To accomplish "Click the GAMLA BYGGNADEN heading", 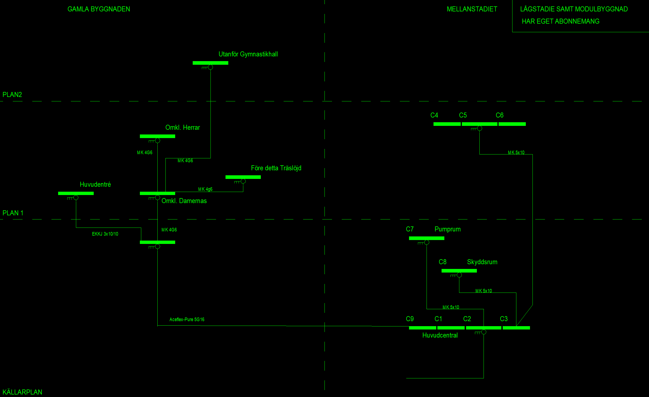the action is [99, 9].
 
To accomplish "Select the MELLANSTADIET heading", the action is [472, 9].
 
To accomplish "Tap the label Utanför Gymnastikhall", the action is [248, 54].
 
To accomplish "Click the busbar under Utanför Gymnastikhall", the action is [210, 63].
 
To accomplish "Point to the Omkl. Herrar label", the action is [183, 128].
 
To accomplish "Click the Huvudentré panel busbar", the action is [76, 193].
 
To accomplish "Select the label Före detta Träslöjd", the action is [276, 168].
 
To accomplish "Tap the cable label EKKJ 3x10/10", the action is [105, 234].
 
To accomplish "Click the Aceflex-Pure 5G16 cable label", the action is [187, 319].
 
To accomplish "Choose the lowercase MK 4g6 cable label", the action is [205, 189].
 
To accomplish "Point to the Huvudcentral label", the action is [440, 335].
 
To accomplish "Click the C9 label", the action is [410, 319].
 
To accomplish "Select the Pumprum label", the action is [448, 229].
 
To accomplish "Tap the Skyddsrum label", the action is [482, 262].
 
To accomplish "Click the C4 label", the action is [434, 115].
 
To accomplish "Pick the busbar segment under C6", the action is [512, 124].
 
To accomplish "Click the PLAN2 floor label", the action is [12, 95].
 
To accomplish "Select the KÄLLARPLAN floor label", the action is [22, 392].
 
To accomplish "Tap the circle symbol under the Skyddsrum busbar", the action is [459, 275].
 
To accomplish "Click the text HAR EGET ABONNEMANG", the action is [561, 21].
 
